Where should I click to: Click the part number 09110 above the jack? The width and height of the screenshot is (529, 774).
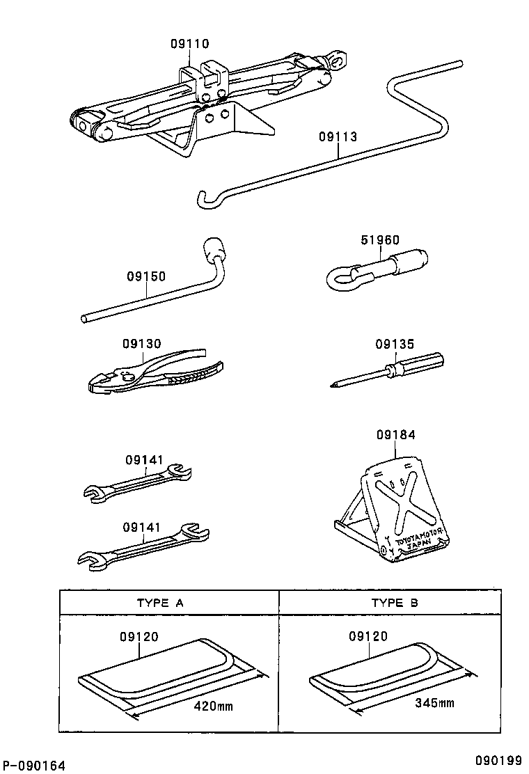(189, 44)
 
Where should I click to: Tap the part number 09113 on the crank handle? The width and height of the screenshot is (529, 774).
(338, 137)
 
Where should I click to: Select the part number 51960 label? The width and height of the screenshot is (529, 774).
(380, 240)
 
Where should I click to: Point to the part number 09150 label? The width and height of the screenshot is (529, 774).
(146, 276)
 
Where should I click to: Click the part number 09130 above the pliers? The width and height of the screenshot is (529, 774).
(142, 344)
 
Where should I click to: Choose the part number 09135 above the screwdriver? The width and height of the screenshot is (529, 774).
(395, 344)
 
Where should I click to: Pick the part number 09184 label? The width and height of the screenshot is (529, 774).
(396, 435)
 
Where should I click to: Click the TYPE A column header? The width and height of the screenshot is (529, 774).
(160, 603)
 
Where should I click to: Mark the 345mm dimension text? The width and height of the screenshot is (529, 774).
(434, 704)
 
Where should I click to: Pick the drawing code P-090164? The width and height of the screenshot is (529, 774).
(33, 766)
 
